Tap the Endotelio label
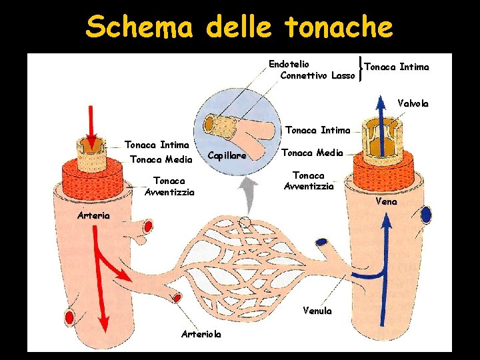click(x=289, y=64)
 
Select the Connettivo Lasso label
click(x=318, y=75)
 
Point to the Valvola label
click(x=413, y=103)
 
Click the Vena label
click(x=386, y=201)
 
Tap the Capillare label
click(x=227, y=155)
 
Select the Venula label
click(x=317, y=311)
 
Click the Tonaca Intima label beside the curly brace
click(x=396, y=67)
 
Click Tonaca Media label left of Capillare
click(x=161, y=159)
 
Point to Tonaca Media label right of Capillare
click(x=312, y=153)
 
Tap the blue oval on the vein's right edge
click(x=425, y=215)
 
